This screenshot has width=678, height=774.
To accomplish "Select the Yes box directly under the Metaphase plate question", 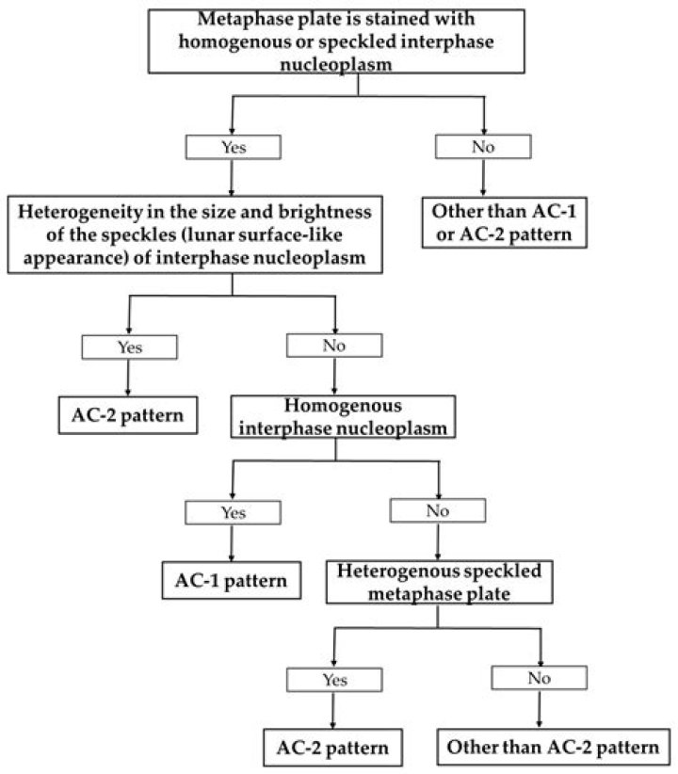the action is click(234, 147).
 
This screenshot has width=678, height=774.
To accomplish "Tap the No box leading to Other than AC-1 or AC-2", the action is click(483, 147).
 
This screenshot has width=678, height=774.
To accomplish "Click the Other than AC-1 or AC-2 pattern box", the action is click(504, 222).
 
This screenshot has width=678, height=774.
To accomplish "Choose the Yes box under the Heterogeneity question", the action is click(129, 347).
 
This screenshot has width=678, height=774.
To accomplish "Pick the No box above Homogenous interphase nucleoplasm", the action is click(334, 346).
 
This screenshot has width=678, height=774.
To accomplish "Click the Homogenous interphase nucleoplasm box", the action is click(343, 416).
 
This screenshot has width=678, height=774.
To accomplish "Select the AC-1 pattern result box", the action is click(232, 580).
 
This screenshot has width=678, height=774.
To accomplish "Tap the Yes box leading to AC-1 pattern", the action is click(234, 512).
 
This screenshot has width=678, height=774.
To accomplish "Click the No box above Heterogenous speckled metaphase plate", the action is click(438, 510).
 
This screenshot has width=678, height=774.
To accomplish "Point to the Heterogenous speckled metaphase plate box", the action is click(440, 582).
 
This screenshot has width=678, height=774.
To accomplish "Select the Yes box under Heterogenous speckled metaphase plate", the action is click(334, 680).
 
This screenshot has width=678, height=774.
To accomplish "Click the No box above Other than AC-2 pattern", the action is click(540, 678).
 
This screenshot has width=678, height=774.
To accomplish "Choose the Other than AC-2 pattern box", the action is click(554, 747).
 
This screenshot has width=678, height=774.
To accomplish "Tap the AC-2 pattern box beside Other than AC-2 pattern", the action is click(332, 748).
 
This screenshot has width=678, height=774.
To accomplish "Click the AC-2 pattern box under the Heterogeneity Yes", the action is click(128, 415).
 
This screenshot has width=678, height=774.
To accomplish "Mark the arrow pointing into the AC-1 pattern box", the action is click(232, 543).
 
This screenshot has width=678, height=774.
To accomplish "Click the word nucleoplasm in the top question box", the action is click(336, 65).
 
